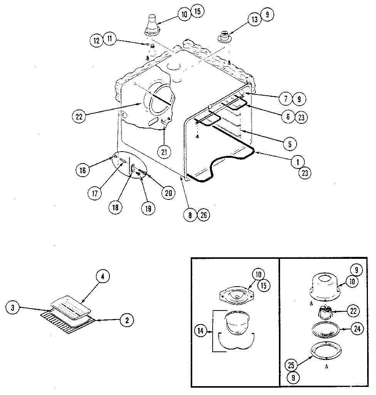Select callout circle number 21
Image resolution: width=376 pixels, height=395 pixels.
[164, 152]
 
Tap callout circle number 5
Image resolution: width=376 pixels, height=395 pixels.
[289, 144]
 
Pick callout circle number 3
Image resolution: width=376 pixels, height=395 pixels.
[13, 307]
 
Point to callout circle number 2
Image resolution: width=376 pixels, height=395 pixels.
[127, 319]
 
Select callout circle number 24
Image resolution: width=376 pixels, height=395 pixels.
[357, 329]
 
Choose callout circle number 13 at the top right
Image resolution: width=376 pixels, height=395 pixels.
[255, 20]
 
